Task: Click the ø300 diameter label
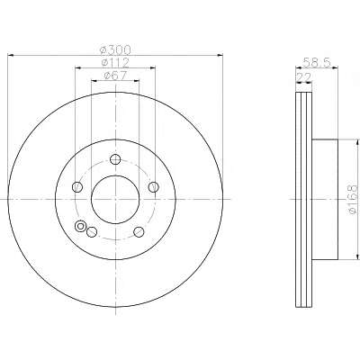(115, 49)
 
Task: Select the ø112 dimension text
(115, 62)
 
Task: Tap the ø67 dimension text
(115, 76)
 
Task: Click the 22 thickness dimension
(304, 76)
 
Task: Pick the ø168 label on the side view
(354, 199)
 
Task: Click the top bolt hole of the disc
(115, 159)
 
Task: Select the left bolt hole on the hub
(77, 187)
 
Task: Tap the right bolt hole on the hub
(154, 187)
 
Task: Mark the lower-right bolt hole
(139, 231)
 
